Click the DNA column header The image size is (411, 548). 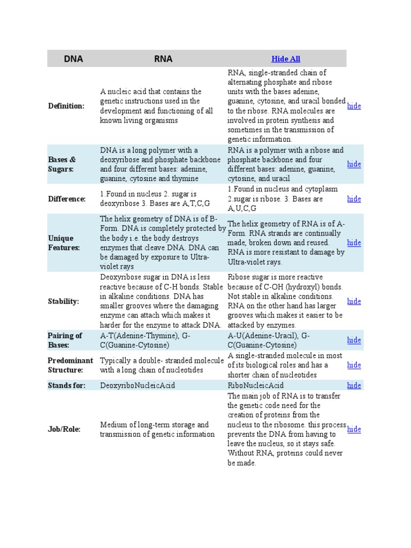[x=73, y=59]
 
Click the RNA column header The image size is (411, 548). [x=163, y=59]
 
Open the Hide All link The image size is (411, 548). [x=286, y=59]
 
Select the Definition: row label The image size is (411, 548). [x=66, y=106]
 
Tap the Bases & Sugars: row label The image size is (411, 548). [x=62, y=164]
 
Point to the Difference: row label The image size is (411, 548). [x=67, y=199]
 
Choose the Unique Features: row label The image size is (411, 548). [x=64, y=243]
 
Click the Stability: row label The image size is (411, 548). [x=64, y=301]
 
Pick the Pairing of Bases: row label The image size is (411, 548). [x=65, y=340]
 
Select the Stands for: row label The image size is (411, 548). [x=67, y=385]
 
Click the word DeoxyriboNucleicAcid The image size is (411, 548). [x=138, y=385]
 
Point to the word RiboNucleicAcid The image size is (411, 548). [x=256, y=385]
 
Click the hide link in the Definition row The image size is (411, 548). [x=354, y=106]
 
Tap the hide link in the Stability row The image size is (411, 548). [x=354, y=301]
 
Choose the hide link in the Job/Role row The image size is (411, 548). [x=354, y=429]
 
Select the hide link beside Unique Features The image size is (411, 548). [x=354, y=243]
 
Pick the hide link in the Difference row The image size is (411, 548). [x=354, y=199]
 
